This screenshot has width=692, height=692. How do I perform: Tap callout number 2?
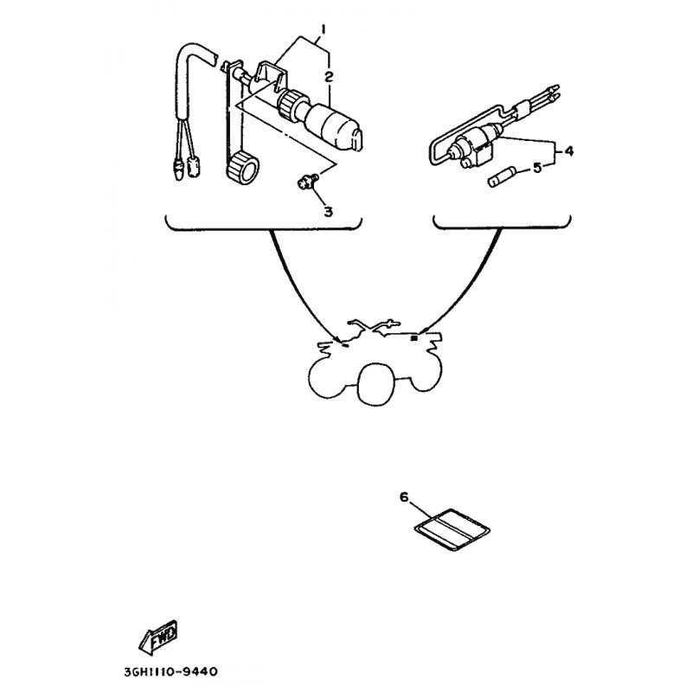pyautogui.click(x=329, y=77)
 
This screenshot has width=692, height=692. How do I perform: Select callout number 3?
pyautogui.click(x=329, y=212)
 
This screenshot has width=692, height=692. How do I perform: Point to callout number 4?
pyautogui.click(x=569, y=151)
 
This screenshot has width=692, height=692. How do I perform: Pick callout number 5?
pyautogui.click(x=537, y=168)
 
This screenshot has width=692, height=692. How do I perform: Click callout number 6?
pyautogui.click(x=404, y=497)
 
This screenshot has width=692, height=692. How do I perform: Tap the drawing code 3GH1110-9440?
pyautogui.click(x=170, y=672)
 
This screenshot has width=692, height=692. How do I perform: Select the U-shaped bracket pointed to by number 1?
pyautogui.click(x=271, y=75)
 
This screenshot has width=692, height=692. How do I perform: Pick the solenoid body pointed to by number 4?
pyautogui.click(x=472, y=149)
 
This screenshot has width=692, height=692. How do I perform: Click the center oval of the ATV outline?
pyautogui.click(x=375, y=383)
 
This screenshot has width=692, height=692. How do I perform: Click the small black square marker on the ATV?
pyautogui.click(x=414, y=338)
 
